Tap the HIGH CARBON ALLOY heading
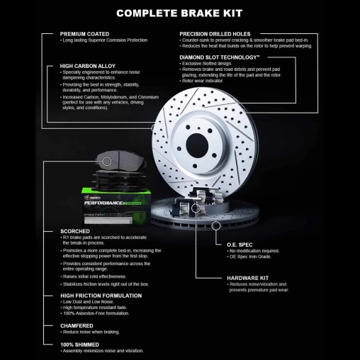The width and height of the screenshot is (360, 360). [x=88, y=65]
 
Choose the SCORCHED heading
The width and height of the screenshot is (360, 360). [x=75, y=230]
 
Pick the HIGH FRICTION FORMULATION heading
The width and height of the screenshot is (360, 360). [x=101, y=295]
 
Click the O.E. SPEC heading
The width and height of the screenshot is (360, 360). [x=240, y=244]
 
